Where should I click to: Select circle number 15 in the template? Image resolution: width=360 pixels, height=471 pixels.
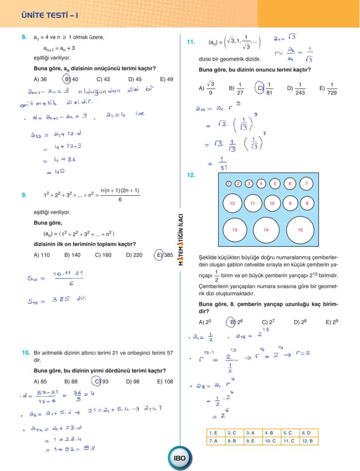pyautogui.click(x=300, y=230)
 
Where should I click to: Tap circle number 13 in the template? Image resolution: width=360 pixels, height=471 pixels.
pyautogui.click(x=235, y=230)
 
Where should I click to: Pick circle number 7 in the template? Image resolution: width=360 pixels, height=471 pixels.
pyautogui.click(x=306, y=184)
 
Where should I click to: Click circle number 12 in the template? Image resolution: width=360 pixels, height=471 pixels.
pyautogui.click(x=232, y=203)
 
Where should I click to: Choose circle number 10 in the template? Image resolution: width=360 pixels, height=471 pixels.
pyautogui.click(x=272, y=203)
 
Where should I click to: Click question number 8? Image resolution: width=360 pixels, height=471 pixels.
pyautogui.click(x=24, y=37)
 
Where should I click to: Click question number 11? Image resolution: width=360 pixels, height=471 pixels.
pyautogui.click(x=190, y=42)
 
